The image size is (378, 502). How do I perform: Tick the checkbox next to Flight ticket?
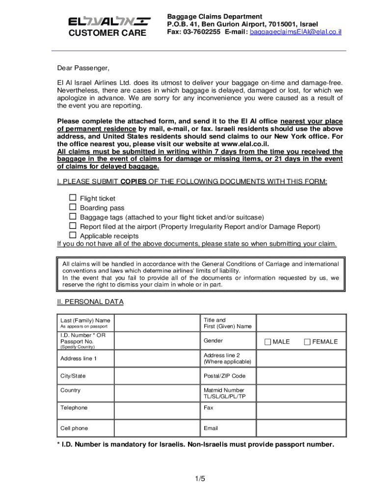pyautogui.click(x=73, y=198)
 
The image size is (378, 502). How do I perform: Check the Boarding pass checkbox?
pyautogui.click(x=73, y=207)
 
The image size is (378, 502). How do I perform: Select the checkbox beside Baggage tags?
pyautogui.click(x=73, y=216)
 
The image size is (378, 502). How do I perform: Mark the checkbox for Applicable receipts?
pyautogui.click(x=73, y=235)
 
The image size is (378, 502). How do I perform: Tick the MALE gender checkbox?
pyautogui.click(x=268, y=342)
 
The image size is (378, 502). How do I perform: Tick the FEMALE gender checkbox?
pyautogui.click(x=307, y=342)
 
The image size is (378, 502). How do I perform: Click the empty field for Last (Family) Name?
pyautogui.click(x=157, y=323)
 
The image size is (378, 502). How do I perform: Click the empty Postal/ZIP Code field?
pyautogui.click(x=299, y=376)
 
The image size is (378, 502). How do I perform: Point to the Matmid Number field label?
pyautogui.click(x=224, y=393)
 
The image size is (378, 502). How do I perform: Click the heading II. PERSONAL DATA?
pyautogui.click(x=90, y=301)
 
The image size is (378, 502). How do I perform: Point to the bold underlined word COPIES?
pyautogui.click(x=133, y=182)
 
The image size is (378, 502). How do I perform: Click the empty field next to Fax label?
pyautogui.click(x=299, y=408)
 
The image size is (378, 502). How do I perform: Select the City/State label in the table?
pyautogui.click(x=73, y=376)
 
